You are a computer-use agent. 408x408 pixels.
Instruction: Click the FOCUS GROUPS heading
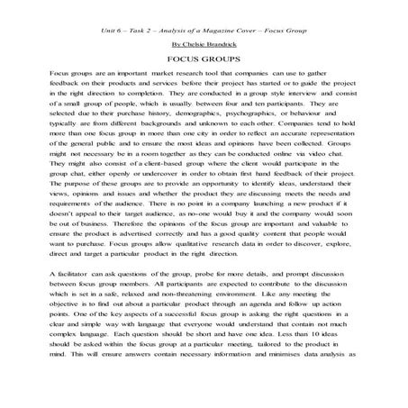(x=204, y=59)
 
